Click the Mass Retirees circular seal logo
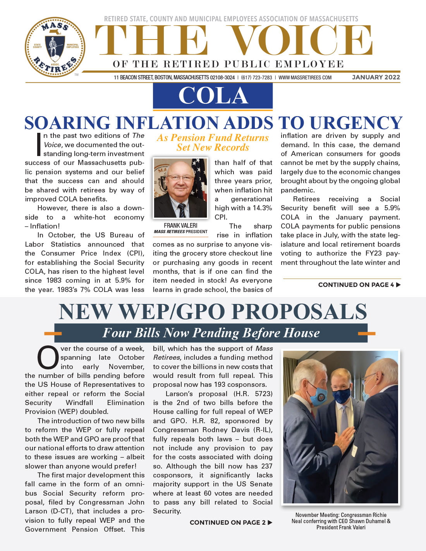click(x=55, y=47)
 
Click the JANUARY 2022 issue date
click(x=376, y=77)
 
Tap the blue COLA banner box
click(x=213, y=96)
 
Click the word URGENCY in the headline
click(x=356, y=123)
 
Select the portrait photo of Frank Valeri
click(x=180, y=188)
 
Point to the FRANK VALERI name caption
click(x=180, y=225)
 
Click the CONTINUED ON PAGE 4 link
click(x=359, y=285)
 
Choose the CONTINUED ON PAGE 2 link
click(x=231, y=522)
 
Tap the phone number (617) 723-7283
click(x=256, y=77)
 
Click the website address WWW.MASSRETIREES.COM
click(x=305, y=77)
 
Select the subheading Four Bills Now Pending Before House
click(x=211, y=333)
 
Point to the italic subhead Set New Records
click(x=213, y=148)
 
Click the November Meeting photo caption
click(x=341, y=521)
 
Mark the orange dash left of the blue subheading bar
click(x=53, y=333)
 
